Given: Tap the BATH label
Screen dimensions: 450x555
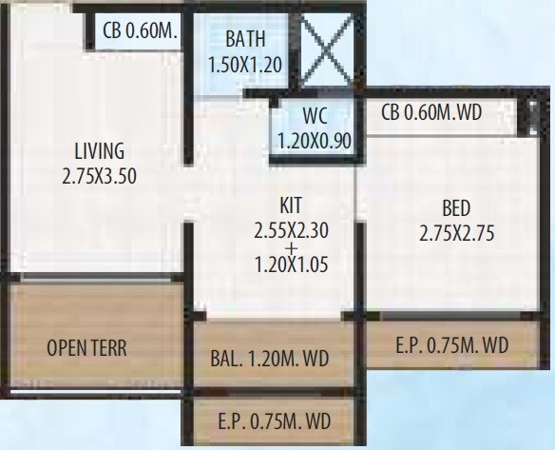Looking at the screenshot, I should coord(245,40).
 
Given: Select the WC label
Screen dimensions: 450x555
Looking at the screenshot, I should coord(315,118).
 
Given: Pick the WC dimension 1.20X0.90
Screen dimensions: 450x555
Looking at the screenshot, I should coord(315,140).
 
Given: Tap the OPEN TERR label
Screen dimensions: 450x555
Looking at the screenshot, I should coord(86,348).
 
